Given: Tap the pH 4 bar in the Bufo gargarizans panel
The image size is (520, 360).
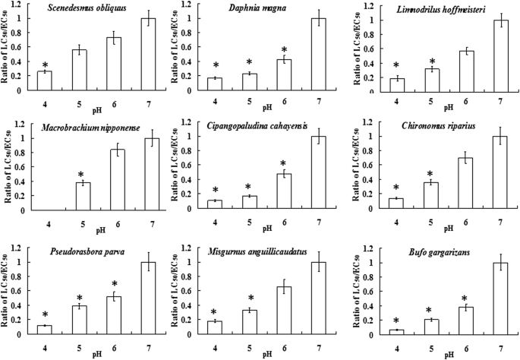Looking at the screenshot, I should tap(396, 330).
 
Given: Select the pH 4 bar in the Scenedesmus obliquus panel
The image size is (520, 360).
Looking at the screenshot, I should tap(46, 81).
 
